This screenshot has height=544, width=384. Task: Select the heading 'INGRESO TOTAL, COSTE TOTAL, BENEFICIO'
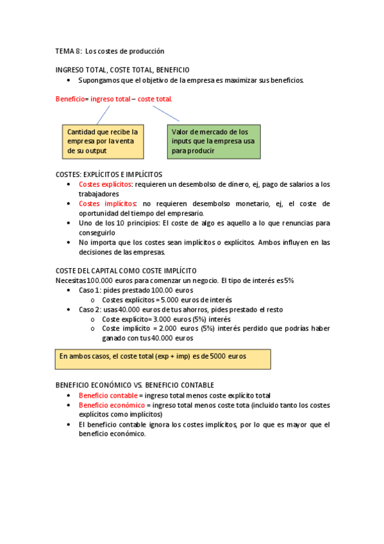122,69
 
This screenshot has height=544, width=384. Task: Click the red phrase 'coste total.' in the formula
154,99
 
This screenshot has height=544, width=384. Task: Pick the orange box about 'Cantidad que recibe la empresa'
103,141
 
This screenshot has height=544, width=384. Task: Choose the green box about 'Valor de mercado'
215,141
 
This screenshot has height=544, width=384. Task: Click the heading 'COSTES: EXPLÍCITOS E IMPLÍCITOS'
109,174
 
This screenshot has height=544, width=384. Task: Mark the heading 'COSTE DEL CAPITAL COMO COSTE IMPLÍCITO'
126,271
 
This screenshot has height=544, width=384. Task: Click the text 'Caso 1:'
90,290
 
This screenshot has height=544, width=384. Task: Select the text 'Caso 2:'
90,309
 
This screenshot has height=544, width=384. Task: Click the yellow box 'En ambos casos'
163,359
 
